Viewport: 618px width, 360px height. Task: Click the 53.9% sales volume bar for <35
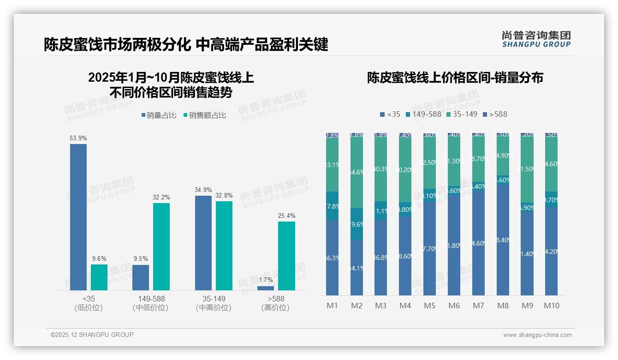point(78,217)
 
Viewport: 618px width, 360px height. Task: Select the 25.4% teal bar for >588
point(286,256)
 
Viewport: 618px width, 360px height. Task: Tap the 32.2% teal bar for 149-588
point(161,246)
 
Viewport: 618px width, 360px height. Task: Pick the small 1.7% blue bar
point(266,288)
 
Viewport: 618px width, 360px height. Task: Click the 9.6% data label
point(99,259)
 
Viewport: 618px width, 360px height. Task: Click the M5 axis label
point(429,306)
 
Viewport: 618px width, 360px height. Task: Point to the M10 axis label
point(551,306)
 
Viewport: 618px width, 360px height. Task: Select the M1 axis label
point(332,306)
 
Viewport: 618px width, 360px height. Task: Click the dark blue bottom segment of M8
point(503,240)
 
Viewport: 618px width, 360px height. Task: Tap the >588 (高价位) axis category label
point(275,303)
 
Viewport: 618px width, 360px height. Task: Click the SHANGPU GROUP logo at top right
point(536,39)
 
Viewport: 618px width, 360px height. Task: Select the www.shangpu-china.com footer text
point(537,335)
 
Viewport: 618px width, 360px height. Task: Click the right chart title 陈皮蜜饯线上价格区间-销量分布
point(455,78)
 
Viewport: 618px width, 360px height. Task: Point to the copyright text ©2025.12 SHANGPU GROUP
point(92,335)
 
